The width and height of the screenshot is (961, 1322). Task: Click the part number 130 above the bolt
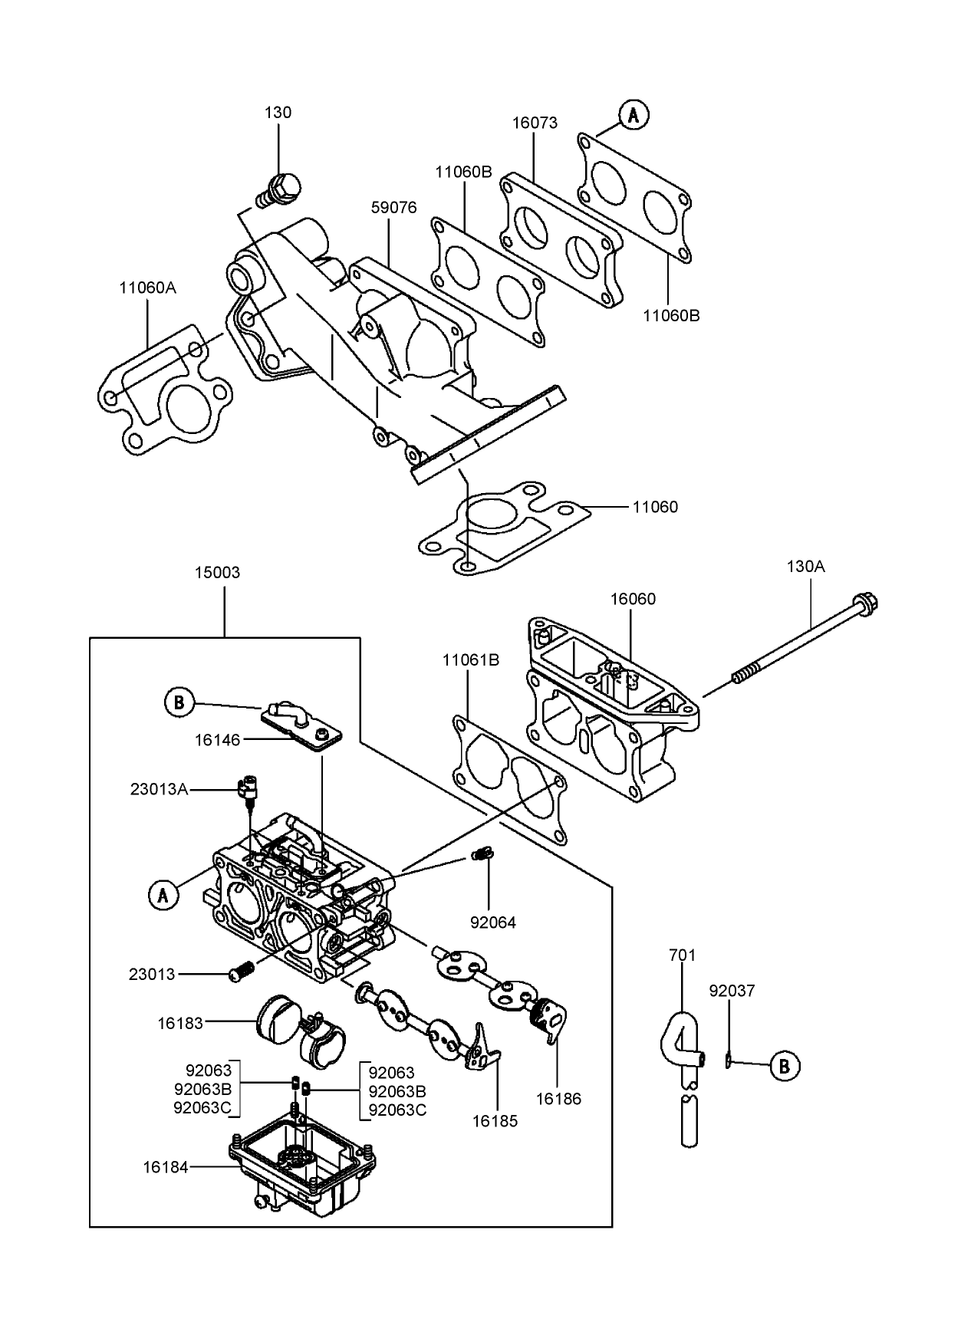278,113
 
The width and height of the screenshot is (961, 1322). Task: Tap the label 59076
393,208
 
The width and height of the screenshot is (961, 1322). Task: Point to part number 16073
535,123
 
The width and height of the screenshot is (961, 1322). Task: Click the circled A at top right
634,115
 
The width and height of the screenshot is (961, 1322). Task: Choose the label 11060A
147,288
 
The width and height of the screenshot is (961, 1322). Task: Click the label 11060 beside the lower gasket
655,507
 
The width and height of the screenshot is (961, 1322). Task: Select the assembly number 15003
217,573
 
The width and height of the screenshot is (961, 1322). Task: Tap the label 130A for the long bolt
805,567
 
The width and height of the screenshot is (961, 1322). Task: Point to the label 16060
633,599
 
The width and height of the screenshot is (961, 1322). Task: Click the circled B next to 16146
179,702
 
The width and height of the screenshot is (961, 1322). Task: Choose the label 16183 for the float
180,1023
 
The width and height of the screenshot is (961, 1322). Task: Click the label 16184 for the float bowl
165,1167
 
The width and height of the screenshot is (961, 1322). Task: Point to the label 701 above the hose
682,955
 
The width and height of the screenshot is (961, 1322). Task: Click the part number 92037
732,991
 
